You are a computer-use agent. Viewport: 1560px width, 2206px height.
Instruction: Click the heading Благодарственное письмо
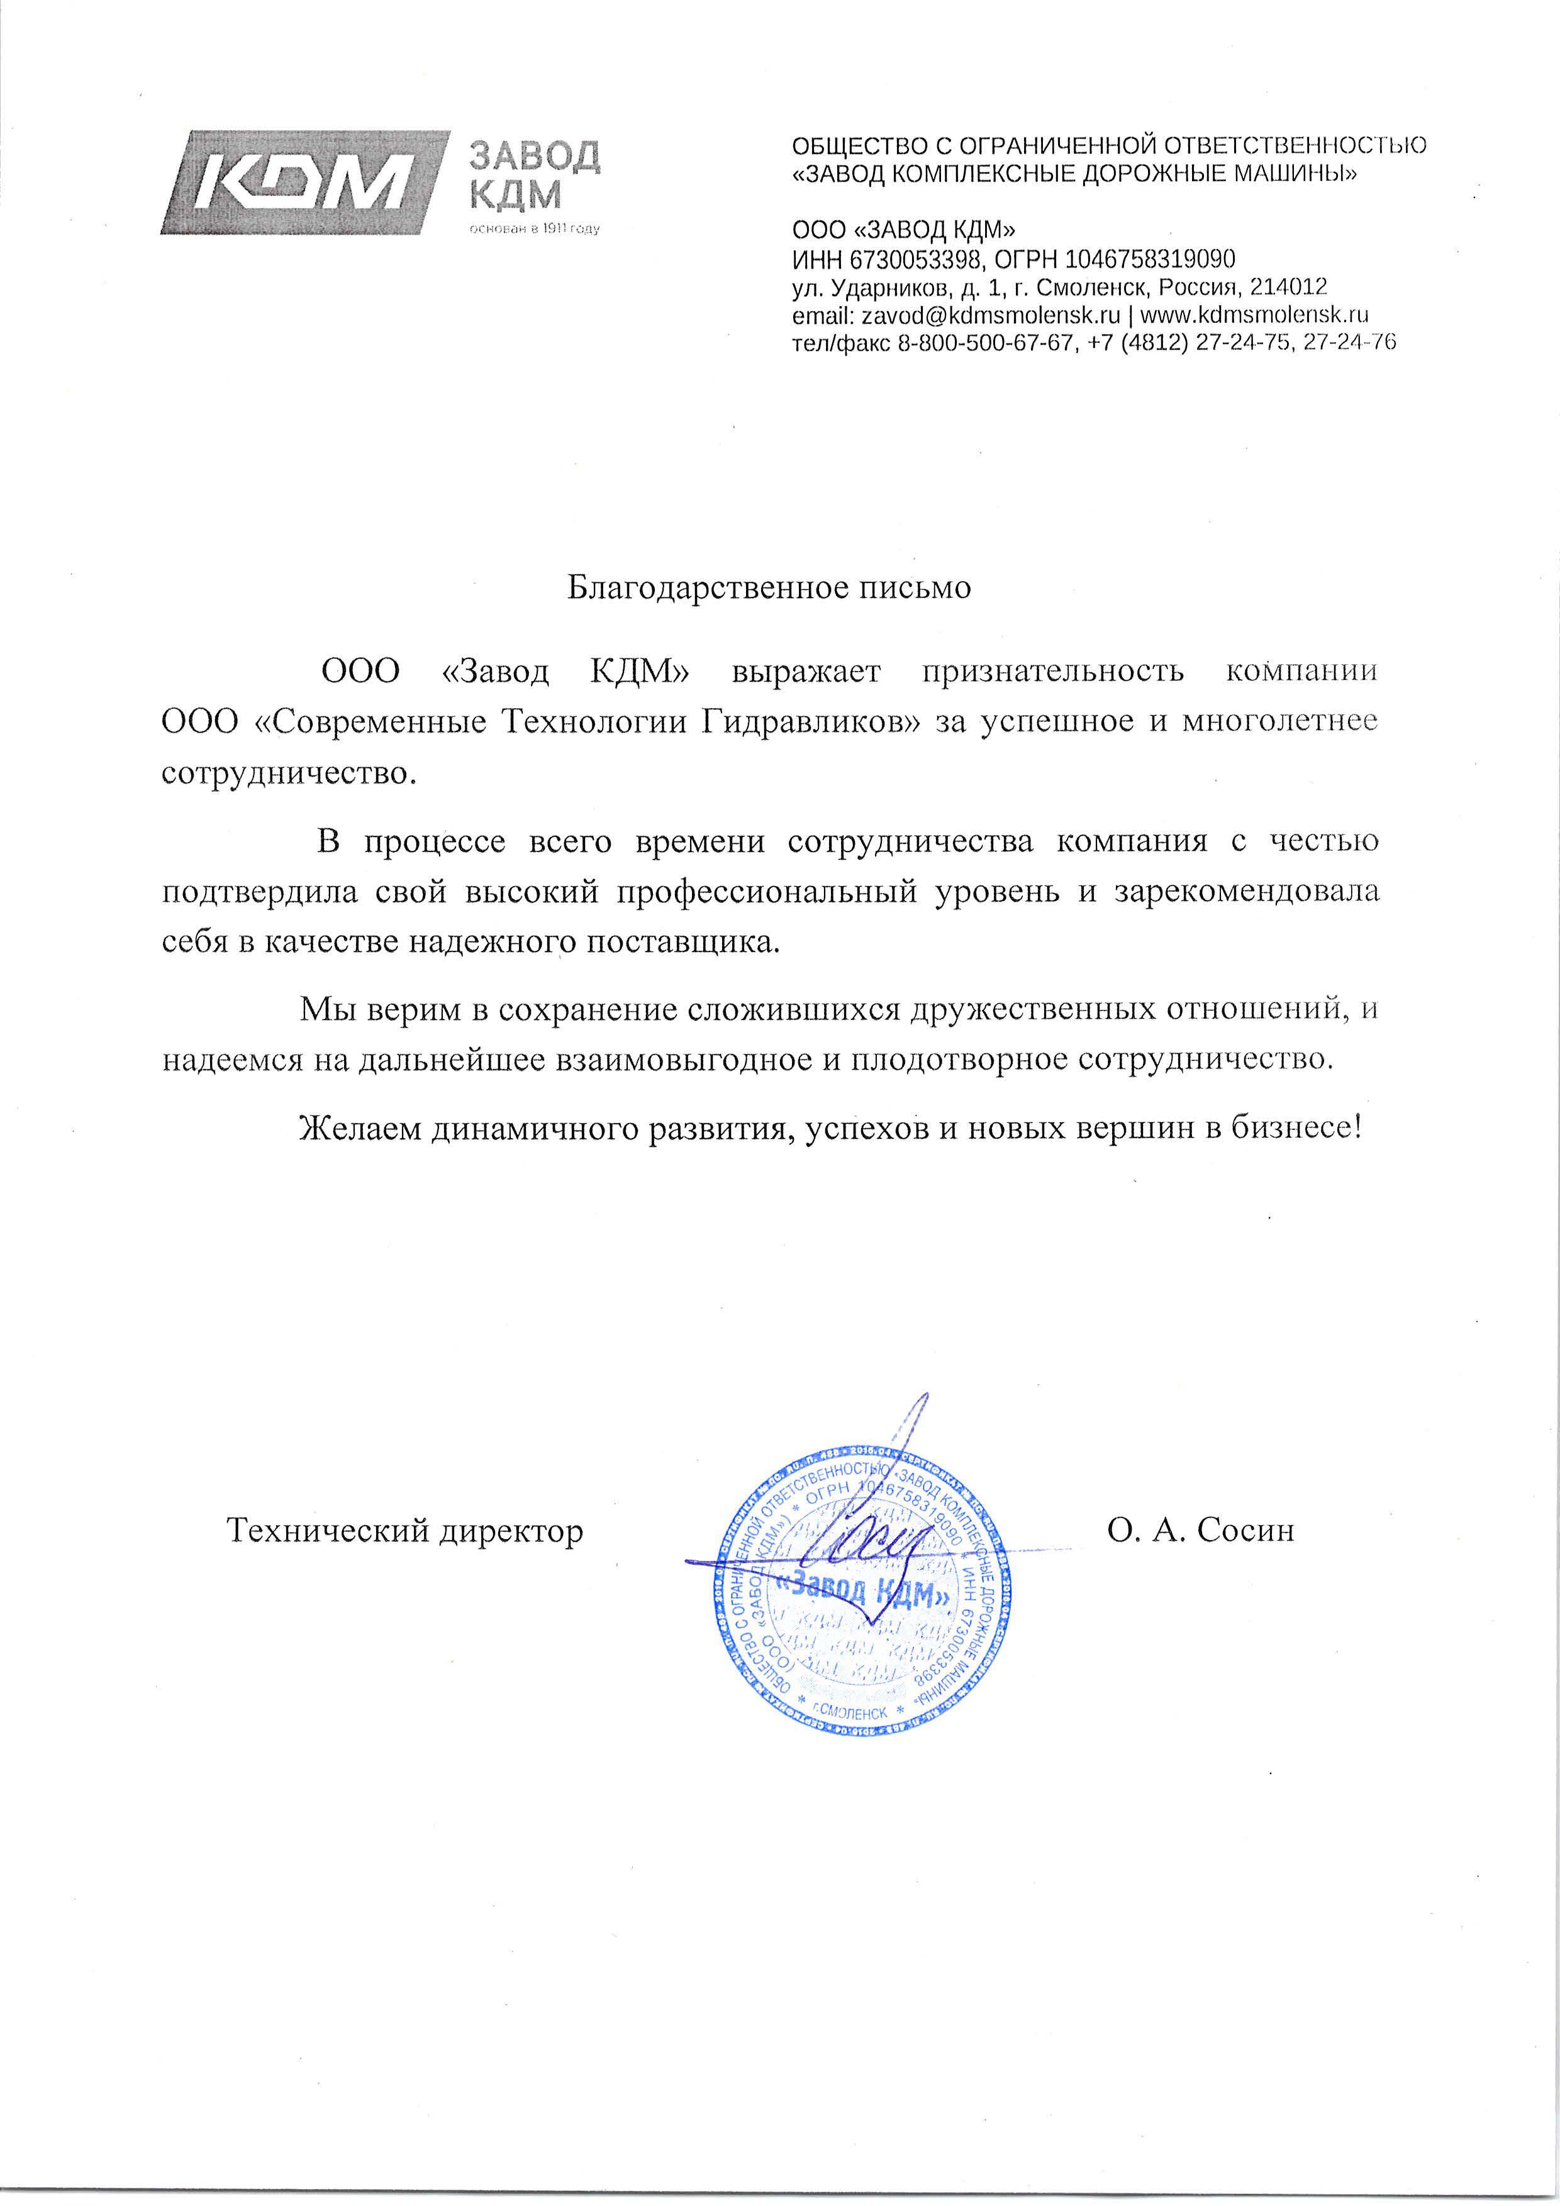tap(769, 587)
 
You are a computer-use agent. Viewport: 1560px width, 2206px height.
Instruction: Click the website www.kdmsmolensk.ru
tap(1254, 314)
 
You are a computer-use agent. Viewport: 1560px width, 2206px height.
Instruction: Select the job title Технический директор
tap(404, 1529)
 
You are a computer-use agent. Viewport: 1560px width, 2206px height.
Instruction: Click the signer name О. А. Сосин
tap(1201, 1529)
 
